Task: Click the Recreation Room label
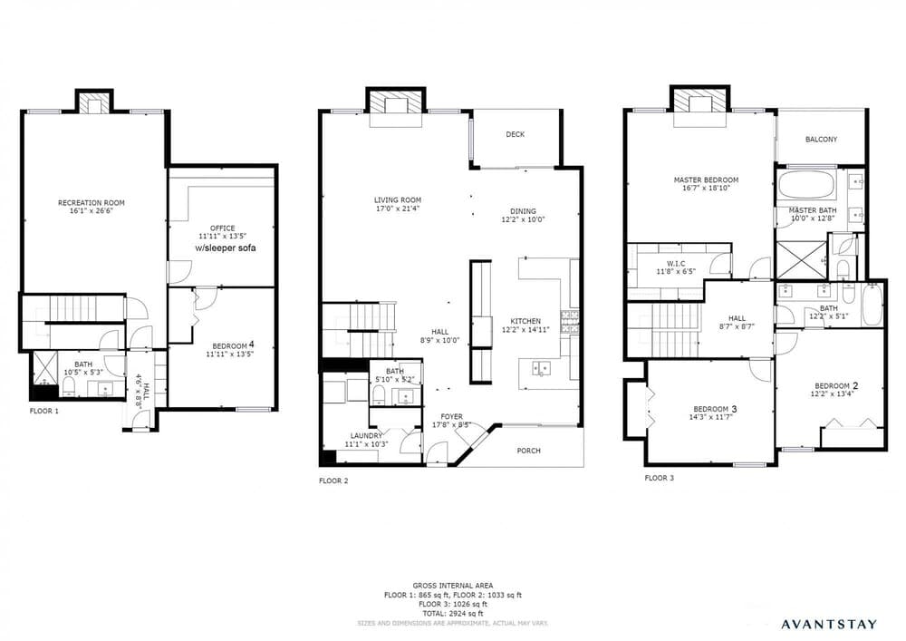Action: tap(92, 203)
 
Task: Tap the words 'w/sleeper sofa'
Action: tap(226, 248)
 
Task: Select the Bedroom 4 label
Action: tap(233, 345)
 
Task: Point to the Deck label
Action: tap(516, 134)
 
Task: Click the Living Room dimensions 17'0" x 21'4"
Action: tap(398, 209)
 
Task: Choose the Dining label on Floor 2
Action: tap(523, 211)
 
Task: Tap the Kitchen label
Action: tap(525, 321)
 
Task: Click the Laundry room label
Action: tap(366, 436)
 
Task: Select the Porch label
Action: tap(529, 451)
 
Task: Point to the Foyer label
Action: tap(452, 417)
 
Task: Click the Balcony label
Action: tap(821, 140)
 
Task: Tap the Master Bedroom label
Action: tap(706, 180)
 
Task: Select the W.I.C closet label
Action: tap(676, 264)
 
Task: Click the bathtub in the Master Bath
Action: tap(805, 185)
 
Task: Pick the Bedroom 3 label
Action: tap(715, 409)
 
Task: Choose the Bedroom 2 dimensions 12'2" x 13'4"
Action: tap(832, 394)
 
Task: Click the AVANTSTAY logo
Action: tap(829, 624)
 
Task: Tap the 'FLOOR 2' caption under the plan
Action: tap(333, 481)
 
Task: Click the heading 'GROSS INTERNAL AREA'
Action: tap(453, 586)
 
